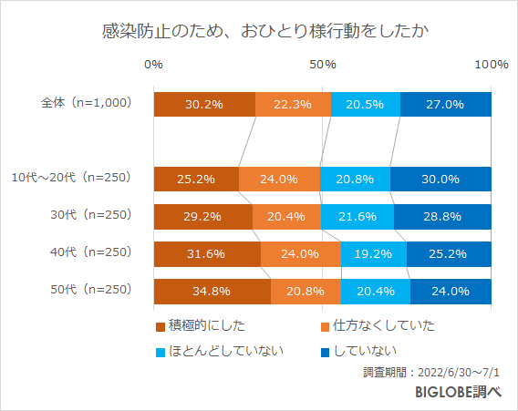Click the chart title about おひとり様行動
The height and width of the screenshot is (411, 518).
tap(259, 31)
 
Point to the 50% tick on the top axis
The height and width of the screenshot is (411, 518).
tap(323, 65)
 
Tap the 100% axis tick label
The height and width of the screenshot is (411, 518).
tap(492, 65)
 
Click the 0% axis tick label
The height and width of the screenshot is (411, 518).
tap(154, 65)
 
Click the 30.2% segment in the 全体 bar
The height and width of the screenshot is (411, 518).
tap(204, 104)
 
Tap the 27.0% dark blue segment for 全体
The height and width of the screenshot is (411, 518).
tap(446, 104)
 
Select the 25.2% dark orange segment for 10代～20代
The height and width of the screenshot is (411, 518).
tap(196, 180)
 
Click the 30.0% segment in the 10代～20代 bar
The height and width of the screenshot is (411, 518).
tap(440, 180)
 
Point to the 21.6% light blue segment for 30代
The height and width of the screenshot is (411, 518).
tap(357, 217)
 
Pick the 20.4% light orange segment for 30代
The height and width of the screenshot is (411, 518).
tap(286, 217)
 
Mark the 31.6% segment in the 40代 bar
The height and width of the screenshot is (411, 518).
tap(207, 254)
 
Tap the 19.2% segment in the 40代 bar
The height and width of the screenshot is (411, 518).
tap(374, 254)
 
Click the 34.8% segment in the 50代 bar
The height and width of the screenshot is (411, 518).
tap(212, 292)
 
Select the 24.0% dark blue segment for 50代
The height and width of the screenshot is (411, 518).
tap(451, 292)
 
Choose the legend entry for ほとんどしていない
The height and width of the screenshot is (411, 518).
tap(220, 350)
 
